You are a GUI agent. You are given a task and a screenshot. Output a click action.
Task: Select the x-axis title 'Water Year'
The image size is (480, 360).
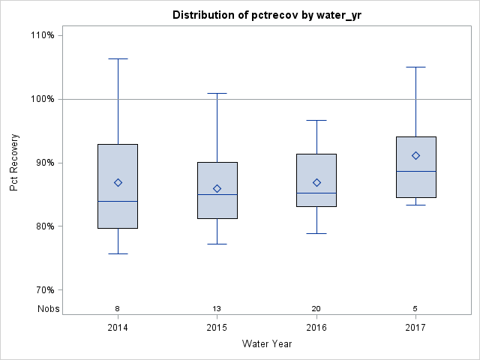coord(267,344)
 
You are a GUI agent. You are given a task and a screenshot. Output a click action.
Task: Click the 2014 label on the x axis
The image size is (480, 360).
coord(118,328)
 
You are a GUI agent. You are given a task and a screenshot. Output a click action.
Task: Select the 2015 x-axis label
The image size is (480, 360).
coord(217,328)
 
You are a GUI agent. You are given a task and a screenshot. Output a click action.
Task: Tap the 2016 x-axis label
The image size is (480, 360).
coord(316,328)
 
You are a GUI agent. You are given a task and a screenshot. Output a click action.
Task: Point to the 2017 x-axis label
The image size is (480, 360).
coord(415,328)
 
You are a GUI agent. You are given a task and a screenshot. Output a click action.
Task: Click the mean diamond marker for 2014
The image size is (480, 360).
coord(118,183)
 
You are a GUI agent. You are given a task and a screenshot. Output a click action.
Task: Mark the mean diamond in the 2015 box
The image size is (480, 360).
coord(217,188)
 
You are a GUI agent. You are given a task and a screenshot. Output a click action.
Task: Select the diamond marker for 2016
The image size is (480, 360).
coord(316,182)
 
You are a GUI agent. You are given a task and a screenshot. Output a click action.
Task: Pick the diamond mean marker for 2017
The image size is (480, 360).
coord(415,155)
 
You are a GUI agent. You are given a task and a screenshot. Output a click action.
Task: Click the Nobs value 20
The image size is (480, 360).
coord(316,308)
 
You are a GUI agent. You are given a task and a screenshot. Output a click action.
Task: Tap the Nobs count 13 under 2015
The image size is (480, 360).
coord(217,308)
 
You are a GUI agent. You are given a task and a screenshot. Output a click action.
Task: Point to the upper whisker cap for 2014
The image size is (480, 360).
coord(118,58)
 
